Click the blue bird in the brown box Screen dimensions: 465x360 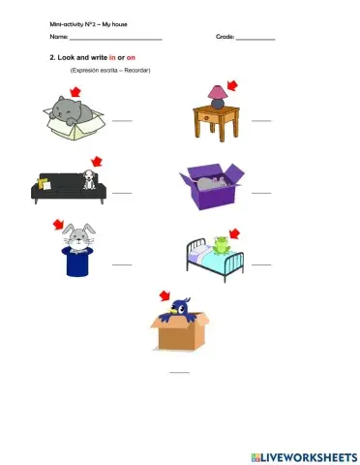coord(180,308)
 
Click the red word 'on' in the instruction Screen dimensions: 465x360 coord(131,58)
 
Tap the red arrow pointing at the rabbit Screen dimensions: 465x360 coord(59,225)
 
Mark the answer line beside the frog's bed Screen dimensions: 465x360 coord(261,263)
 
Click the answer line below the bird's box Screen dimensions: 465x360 coord(180,372)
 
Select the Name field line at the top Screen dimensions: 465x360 coord(114,39)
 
